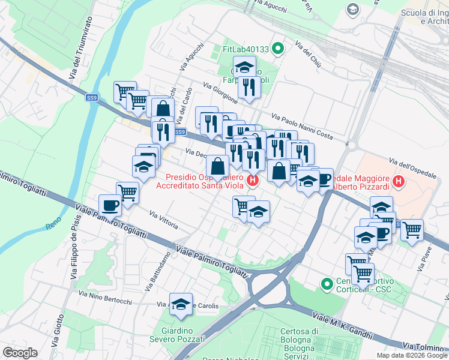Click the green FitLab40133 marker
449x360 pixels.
tap(277, 49)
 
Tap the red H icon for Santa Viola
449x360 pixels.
tap(253, 179)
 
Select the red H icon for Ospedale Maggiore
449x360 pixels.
tap(397, 179)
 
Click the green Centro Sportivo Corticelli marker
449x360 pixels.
tap(327, 283)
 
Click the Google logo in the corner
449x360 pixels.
tap(20, 352)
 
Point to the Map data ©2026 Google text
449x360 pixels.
tap(411, 355)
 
